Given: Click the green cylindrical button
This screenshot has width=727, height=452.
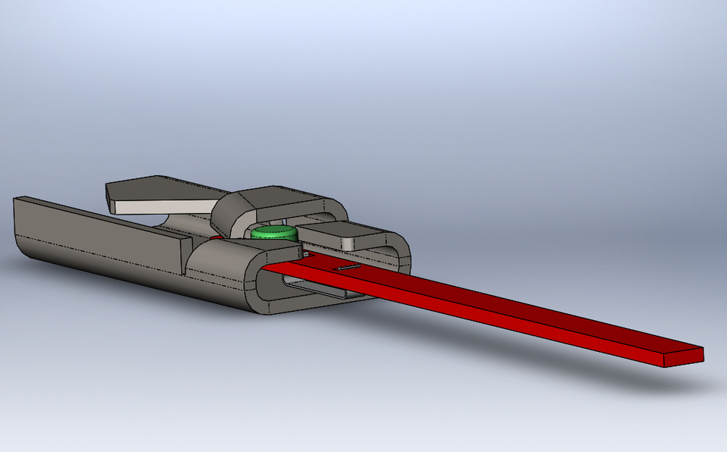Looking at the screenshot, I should [274, 232].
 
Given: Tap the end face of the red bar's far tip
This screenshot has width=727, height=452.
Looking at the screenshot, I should [685, 359].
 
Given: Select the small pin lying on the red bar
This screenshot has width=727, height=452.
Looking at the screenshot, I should [348, 268].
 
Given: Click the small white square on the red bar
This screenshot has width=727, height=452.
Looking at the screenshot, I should [306, 255].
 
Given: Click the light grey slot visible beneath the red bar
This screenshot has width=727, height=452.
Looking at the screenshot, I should [310, 287].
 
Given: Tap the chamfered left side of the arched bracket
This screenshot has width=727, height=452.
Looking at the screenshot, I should [225, 209].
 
